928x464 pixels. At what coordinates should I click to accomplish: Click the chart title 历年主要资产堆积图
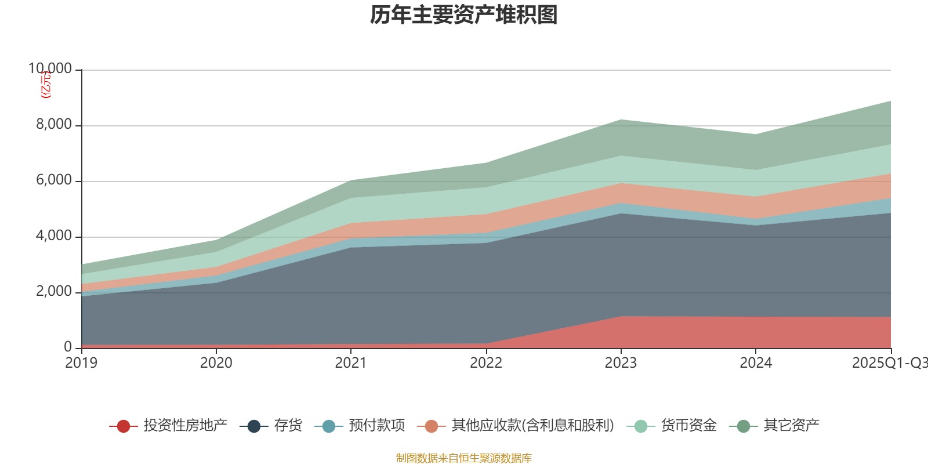(464, 16)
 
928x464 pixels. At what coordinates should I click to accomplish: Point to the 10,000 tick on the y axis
(50, 69)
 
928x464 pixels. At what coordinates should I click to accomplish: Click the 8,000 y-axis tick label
(55, 125)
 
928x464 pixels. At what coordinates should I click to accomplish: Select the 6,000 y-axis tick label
(55, 180)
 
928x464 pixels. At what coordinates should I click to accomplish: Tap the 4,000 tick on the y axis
(55, 236)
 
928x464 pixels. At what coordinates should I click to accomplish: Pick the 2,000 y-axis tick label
(55, 292)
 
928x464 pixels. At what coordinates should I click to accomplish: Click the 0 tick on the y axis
(68, 347)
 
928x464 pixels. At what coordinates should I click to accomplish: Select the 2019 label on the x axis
(81, 363)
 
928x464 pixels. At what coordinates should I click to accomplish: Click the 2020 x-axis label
(216, 363)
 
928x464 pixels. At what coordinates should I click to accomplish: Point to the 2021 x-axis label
(351, 363)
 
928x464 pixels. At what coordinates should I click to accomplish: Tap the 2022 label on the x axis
(486, 363)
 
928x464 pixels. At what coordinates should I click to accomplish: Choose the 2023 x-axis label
(621, 363)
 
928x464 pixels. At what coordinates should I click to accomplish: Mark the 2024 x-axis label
(756, 363)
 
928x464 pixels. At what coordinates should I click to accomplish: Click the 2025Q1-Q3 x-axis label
(889, 363)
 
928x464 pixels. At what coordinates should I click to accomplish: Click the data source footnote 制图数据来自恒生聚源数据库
(464, 458)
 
